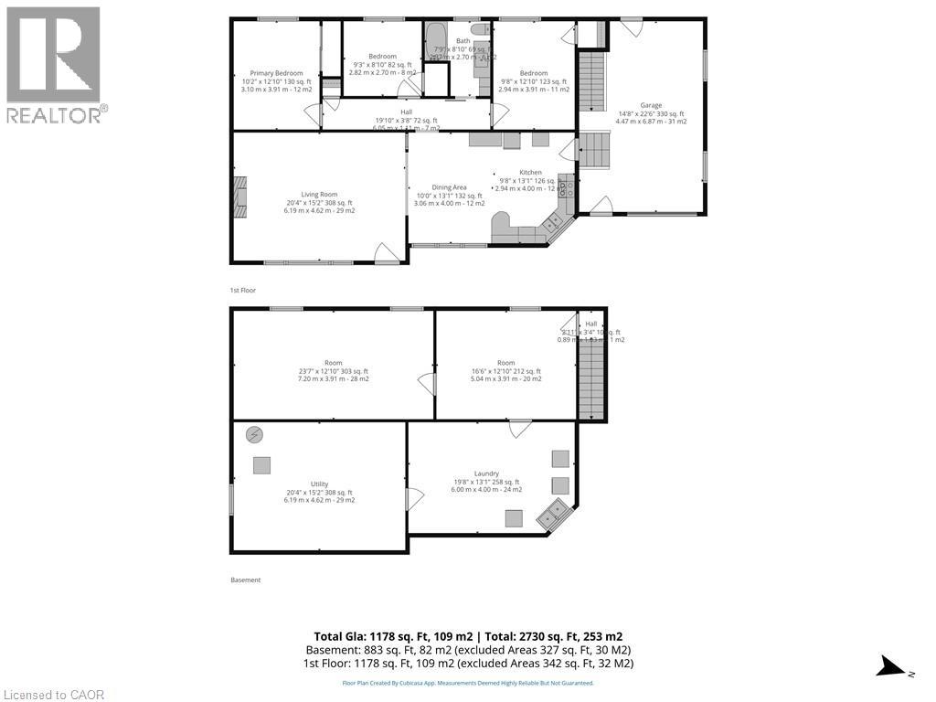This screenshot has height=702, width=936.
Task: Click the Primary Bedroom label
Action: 277,73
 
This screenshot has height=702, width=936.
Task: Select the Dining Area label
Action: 449,187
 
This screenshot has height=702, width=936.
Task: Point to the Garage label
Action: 650,106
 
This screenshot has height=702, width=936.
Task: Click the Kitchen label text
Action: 530,173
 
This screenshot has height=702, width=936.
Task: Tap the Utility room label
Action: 319,484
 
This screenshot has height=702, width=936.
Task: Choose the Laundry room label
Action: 486,473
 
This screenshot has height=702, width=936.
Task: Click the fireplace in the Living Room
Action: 239,196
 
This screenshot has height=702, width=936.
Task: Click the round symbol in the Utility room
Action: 253,435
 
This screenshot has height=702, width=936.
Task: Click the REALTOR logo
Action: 54,64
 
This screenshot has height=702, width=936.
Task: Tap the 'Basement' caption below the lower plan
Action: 245,580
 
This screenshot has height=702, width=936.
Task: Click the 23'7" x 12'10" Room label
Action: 333,363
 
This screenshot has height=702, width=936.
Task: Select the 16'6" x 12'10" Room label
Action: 505,363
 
